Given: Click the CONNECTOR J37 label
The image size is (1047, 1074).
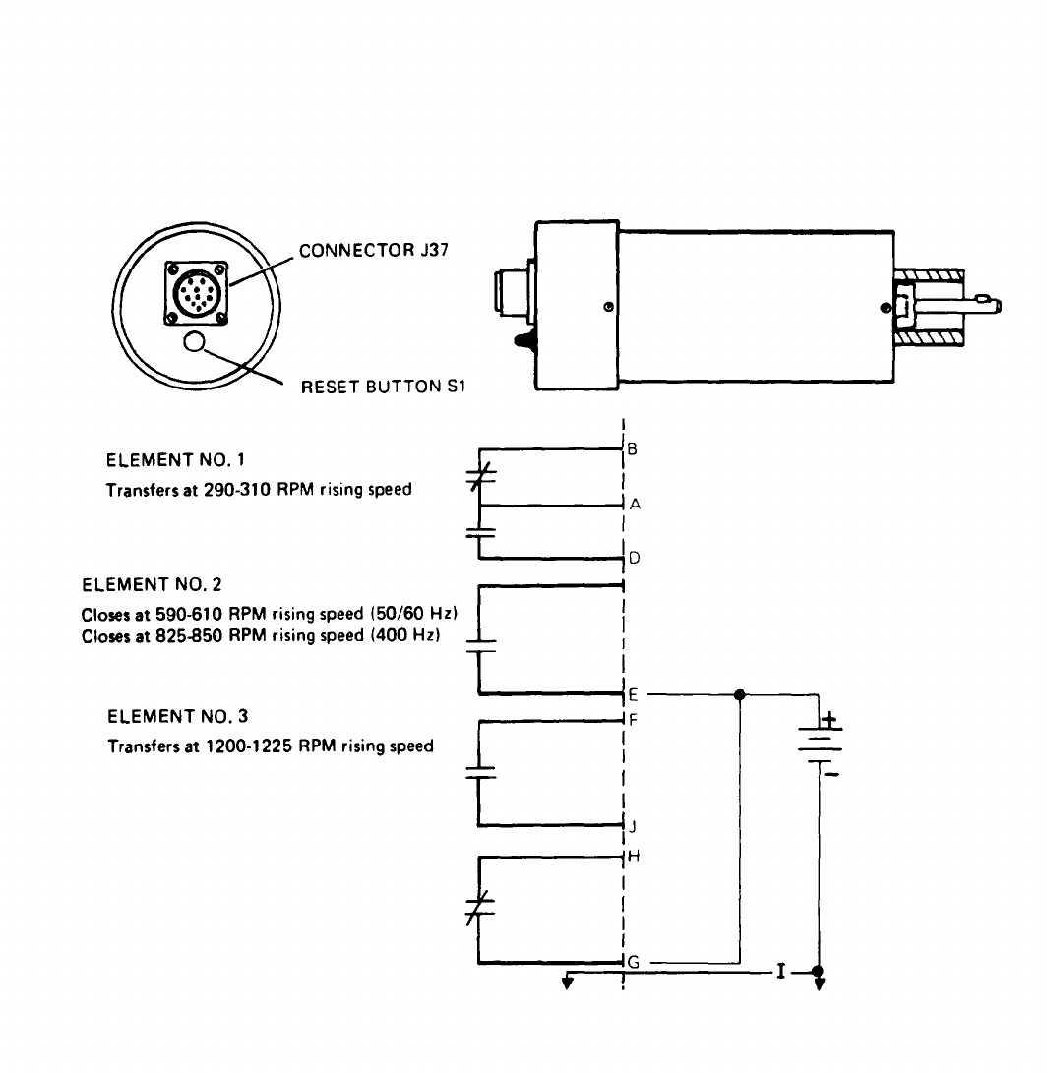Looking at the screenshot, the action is pos(374,250).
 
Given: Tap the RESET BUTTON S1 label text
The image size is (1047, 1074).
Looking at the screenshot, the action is pos(383,387).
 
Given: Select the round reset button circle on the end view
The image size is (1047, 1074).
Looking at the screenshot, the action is pos(195,341).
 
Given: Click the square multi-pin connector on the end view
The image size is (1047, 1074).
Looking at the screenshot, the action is pos(197,292).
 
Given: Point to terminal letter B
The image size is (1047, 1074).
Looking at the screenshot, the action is pos(632,449).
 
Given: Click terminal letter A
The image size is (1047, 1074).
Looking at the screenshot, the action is pos(635,505).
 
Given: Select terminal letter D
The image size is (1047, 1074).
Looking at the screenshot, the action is pos(634,559).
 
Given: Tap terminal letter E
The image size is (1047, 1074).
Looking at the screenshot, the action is pos(633,695).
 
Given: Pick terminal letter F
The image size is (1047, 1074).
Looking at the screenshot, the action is pos(633,720).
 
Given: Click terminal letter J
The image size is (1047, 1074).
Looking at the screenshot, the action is pos(633,827).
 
